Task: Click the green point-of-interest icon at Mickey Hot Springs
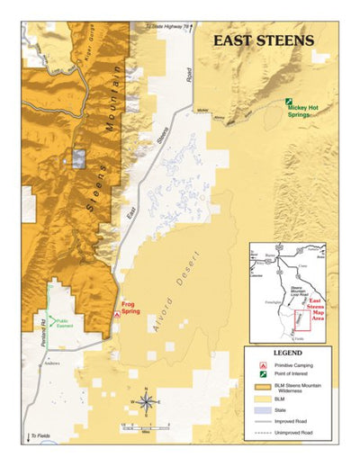[x=289, y=102]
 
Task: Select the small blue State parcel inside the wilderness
[x=78, y=158]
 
